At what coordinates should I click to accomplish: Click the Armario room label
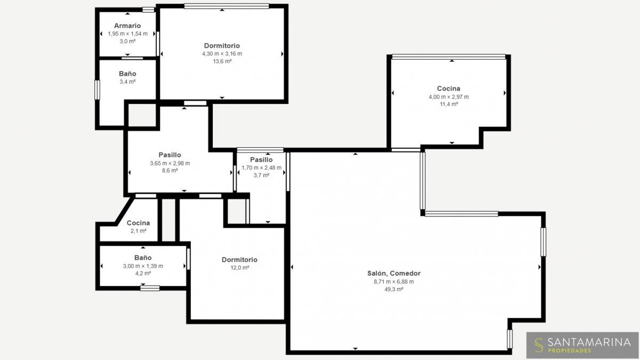coord(127,26)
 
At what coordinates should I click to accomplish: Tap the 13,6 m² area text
coord(222,61)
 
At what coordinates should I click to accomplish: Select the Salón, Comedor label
coord(394,274)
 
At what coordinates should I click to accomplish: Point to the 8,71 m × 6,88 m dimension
coord(394,282)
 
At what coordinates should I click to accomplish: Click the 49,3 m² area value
coord(394,289)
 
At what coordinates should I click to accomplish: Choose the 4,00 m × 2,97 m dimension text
coord(449,97)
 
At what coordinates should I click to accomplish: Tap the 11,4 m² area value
coord(449,104)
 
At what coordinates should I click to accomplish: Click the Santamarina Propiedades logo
coord(582,345)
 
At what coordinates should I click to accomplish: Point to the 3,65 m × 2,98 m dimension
coord(170,163)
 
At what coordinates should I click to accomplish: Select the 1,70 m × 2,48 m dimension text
coord(261,167)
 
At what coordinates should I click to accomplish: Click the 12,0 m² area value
coord(239,268)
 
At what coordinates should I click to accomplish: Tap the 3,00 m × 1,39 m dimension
coord(143,266)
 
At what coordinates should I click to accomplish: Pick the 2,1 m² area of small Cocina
coord(138,231)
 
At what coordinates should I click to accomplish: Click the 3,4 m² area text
coord(127,82)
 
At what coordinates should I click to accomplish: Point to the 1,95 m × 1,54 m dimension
coord(127,34)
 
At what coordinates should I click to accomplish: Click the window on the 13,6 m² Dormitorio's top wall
coord(227,6)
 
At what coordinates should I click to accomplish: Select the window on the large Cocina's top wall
coord(449,57)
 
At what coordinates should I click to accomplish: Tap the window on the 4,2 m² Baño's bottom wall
coord(150,289)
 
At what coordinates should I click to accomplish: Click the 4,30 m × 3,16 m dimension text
coord(222,54)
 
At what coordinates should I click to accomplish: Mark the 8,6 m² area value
coord(170,171)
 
